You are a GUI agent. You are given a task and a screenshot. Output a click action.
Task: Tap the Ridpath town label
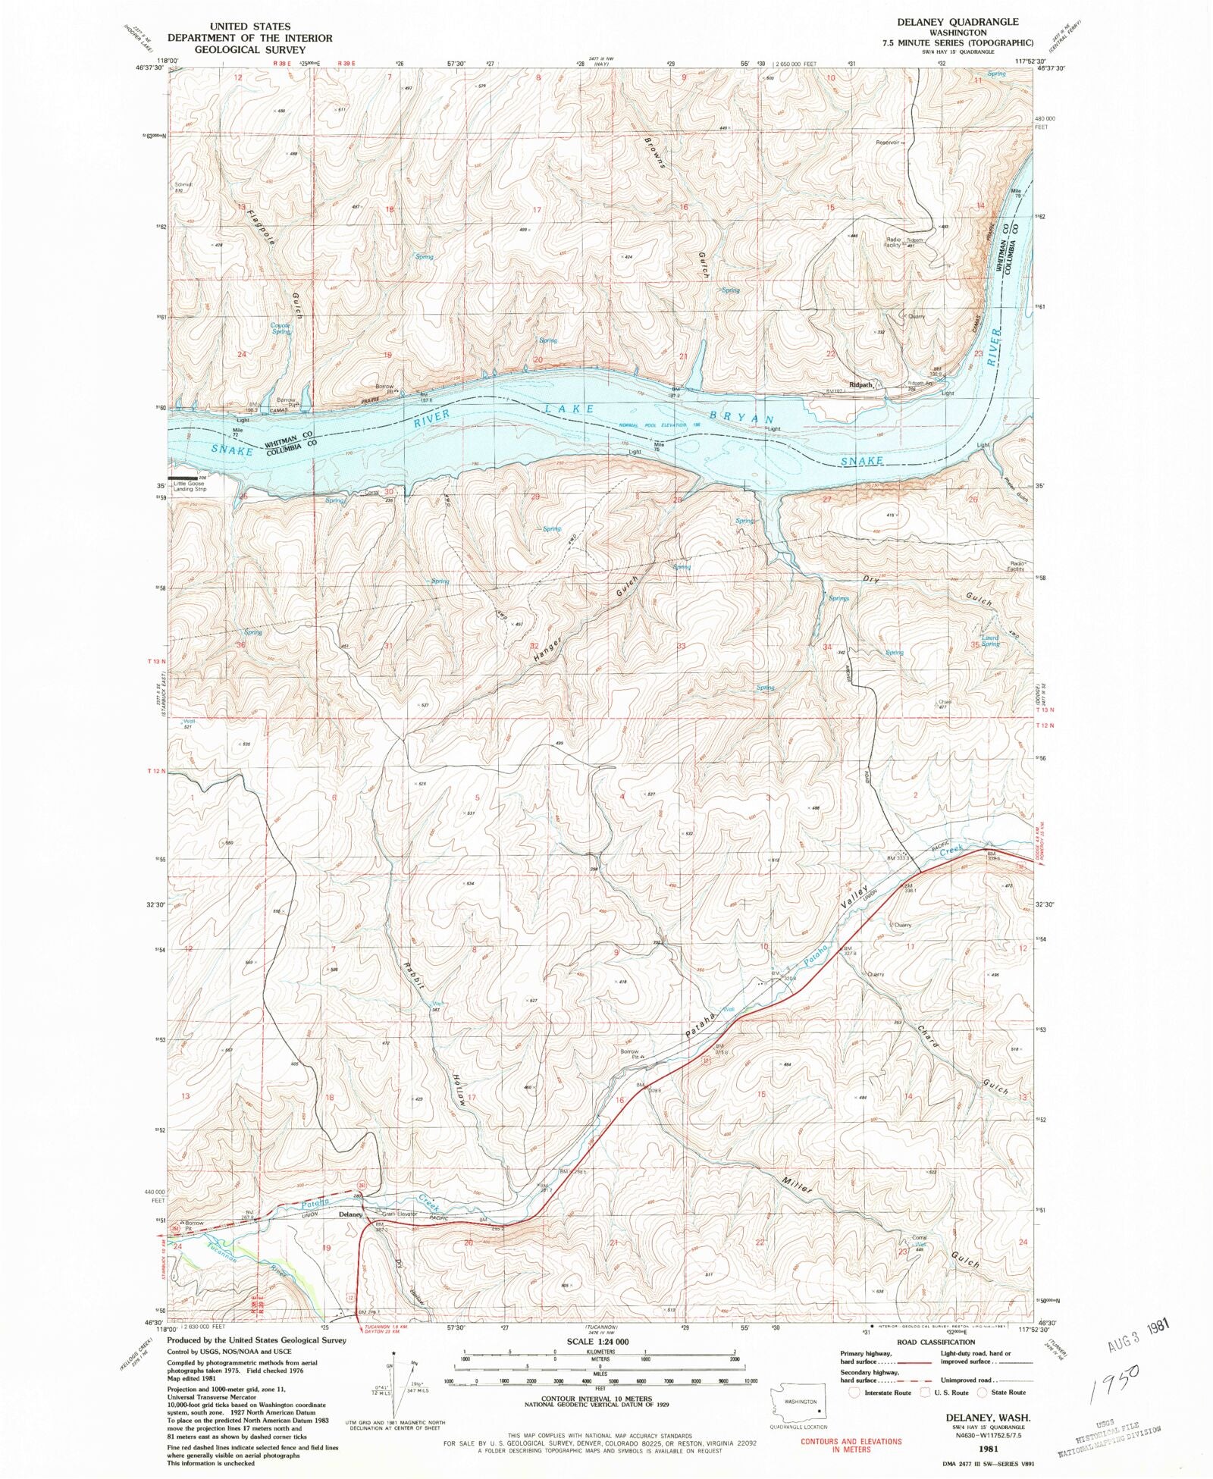(x=861, y=384)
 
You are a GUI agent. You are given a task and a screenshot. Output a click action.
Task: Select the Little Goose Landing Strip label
(x=190, y=486)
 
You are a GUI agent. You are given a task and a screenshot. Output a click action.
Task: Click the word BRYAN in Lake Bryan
(x=742, y=418)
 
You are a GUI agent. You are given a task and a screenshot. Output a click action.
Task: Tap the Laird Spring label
(x=990, y=641)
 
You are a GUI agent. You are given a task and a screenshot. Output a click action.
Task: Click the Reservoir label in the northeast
(x=888, y=143)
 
